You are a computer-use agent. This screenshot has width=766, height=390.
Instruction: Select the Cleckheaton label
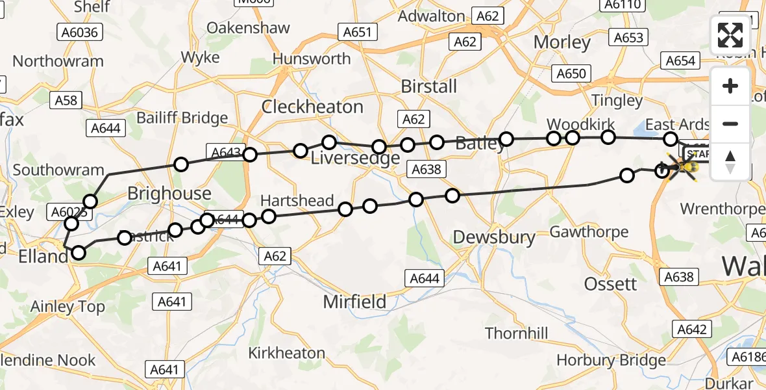(312, 107)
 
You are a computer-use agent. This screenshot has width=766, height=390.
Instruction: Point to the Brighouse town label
(169, 193)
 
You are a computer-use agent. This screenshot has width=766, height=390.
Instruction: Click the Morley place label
(562, 43)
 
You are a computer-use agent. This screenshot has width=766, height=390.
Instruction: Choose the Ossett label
(610, 284)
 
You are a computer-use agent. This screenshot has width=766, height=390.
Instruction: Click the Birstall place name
(429, 86)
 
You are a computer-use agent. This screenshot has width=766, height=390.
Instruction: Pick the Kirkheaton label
(287, 353)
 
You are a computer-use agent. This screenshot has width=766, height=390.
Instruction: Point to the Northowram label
(58, 62)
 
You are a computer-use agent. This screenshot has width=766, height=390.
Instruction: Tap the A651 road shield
(357, 32)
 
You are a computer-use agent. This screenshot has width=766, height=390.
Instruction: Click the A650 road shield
(571, 73)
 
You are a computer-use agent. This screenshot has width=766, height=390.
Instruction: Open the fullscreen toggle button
(730, 35)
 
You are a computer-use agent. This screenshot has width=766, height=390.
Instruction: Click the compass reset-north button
(730, 162)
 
